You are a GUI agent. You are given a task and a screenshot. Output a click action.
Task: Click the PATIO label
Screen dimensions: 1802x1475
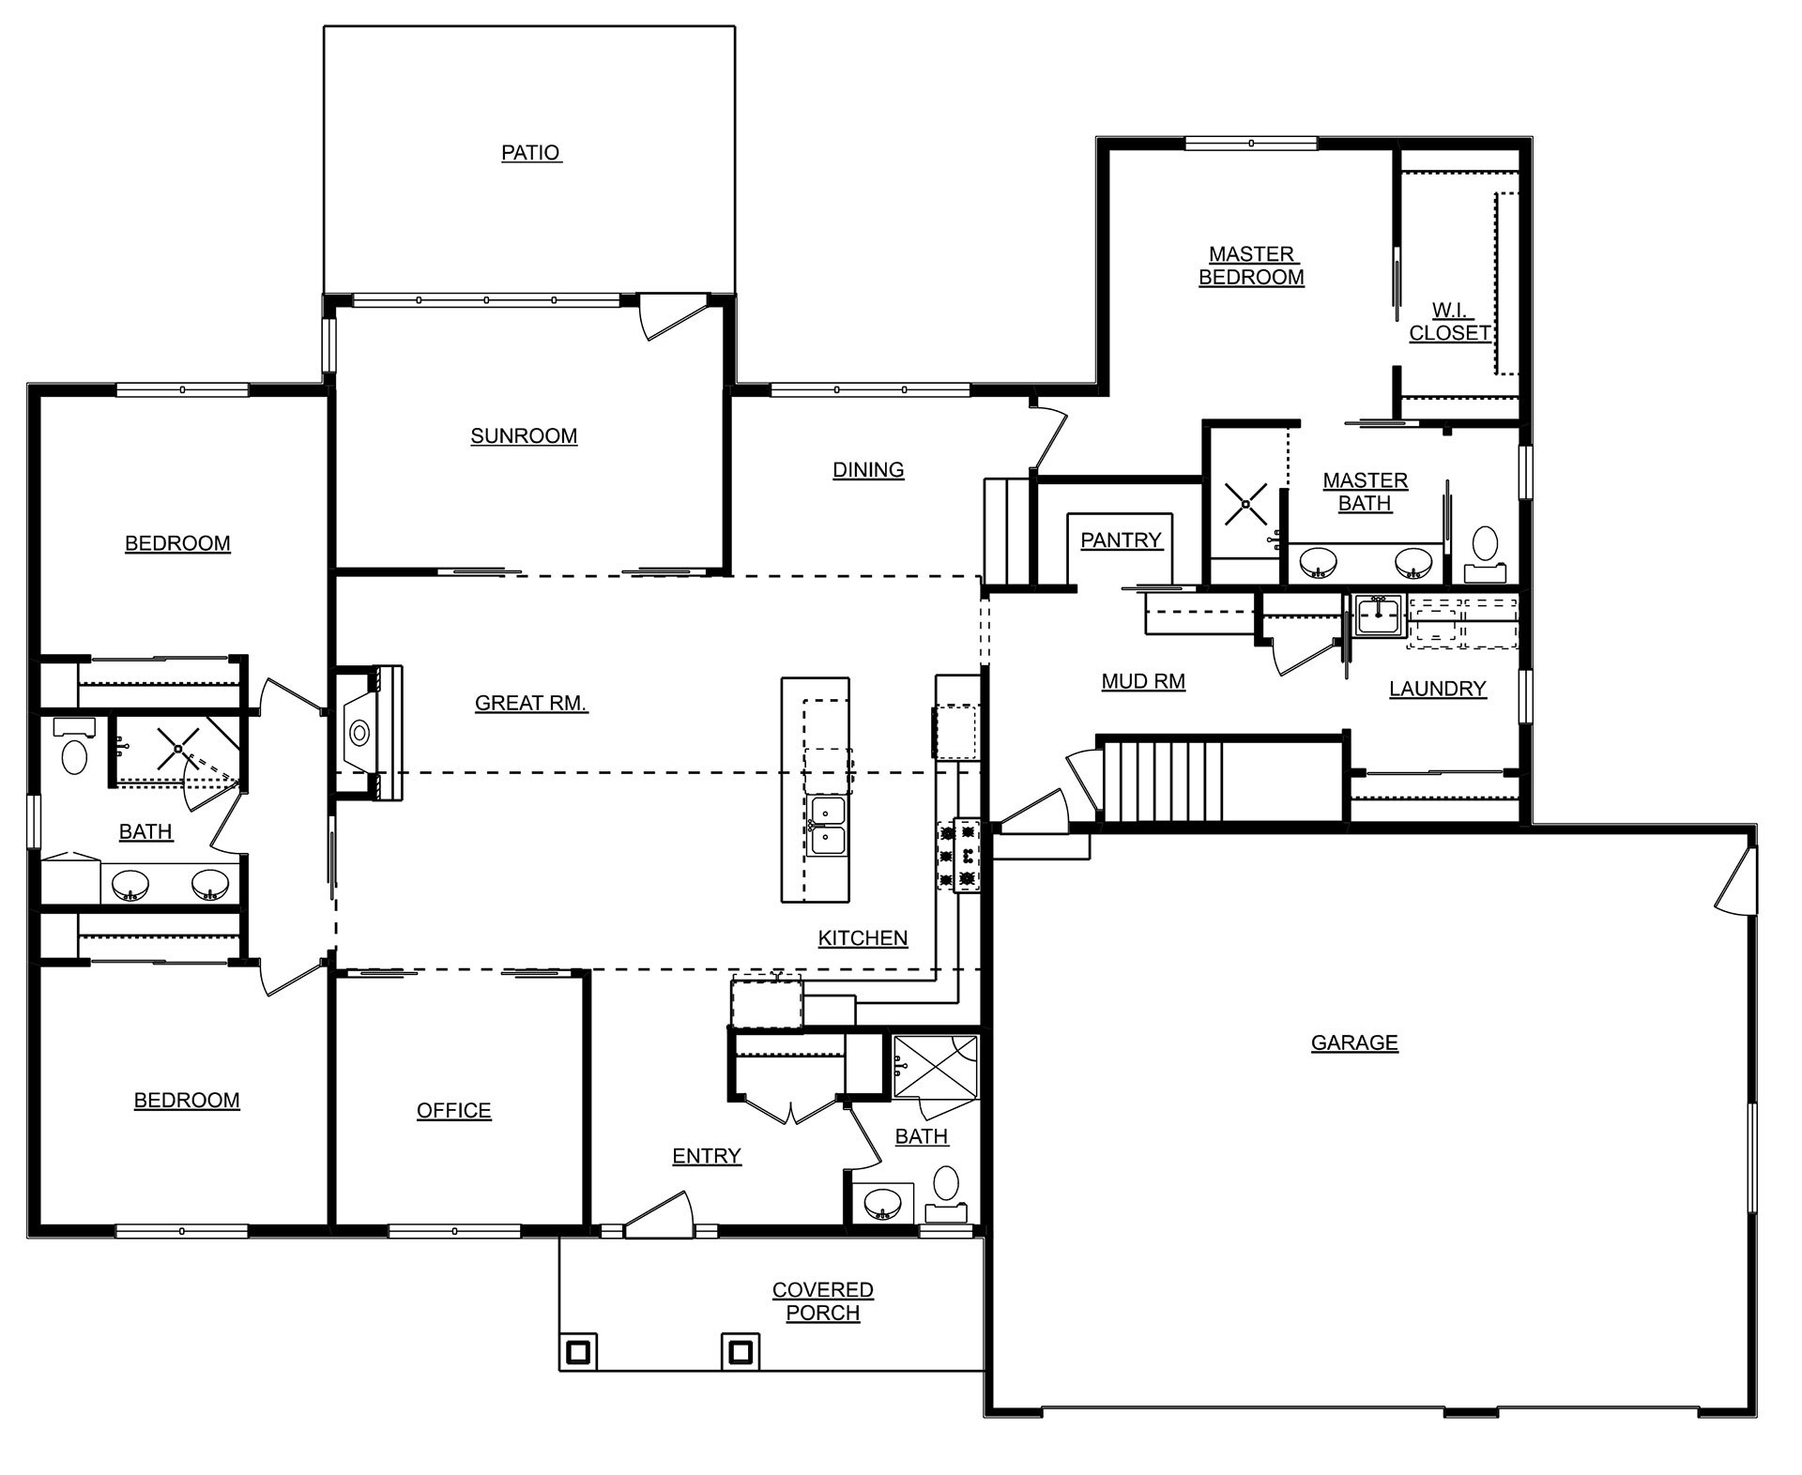point(531,152)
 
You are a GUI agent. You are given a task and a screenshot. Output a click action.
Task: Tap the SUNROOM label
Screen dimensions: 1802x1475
point(524,435)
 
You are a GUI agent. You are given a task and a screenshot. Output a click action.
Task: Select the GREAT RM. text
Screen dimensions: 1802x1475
point(531,703)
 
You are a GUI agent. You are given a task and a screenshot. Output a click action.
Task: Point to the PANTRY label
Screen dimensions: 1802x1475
point(1122,540)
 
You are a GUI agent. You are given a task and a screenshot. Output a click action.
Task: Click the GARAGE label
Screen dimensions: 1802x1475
point(1354,1042)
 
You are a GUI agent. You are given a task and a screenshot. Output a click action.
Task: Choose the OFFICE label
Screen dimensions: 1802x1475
point(454,1110)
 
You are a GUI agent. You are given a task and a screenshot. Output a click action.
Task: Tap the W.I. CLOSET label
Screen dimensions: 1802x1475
point(1450,322)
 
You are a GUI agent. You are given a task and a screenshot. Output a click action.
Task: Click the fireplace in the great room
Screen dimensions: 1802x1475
point(370,732)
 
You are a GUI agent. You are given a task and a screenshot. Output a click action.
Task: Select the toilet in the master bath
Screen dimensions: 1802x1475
point(1485,555)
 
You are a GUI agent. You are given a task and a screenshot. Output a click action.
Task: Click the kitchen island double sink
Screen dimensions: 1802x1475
point(828,826)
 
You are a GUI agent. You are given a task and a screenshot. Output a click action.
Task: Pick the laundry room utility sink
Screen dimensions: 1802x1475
point(1378,616)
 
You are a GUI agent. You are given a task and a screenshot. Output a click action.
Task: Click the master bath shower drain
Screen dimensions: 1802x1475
point(1245,505)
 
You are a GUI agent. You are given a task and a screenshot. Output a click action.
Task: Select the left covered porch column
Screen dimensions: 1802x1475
point(578,1351)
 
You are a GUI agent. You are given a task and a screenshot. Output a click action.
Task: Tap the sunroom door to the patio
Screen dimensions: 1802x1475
point(670,318)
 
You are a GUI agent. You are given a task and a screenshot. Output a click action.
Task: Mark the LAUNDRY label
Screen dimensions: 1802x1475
point(1437,689)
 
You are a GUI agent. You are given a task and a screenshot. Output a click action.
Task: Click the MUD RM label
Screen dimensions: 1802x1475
point(1143,681)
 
